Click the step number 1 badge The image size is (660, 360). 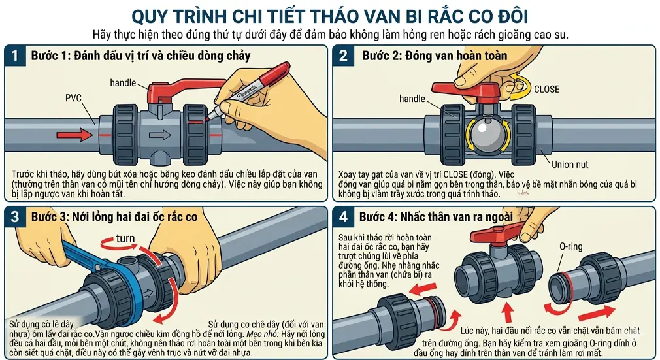[15, 56]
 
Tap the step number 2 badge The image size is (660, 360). [344, 56]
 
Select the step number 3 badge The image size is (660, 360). [15, 217]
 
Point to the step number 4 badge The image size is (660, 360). [344, 217]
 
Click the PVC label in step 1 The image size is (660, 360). [73, 99]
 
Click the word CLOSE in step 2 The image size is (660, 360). [546, 89]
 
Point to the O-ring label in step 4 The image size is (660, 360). [570, 247]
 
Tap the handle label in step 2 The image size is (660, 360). [412, 99]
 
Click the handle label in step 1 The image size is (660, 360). [123, 83]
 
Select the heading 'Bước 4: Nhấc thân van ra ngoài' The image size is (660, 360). [436, 217]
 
